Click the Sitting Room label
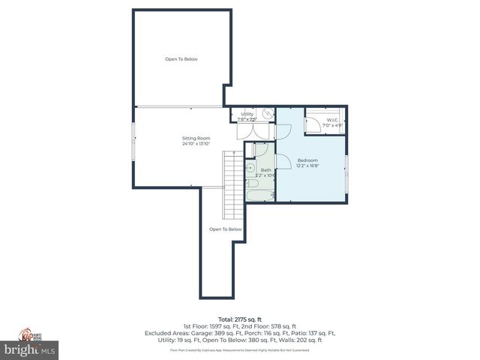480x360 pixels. (x=196, y=138)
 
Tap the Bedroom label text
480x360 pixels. (x=307, y=160)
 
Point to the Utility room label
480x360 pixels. (x=247, y=114)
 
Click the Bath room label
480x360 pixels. (x=265, y=170)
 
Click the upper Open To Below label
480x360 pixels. (x=181, y=59)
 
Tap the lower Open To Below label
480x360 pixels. (x=225, y=229)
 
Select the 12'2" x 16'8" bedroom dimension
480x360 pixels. (x=307, y=166)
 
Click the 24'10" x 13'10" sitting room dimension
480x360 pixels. (x=196, y=143)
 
